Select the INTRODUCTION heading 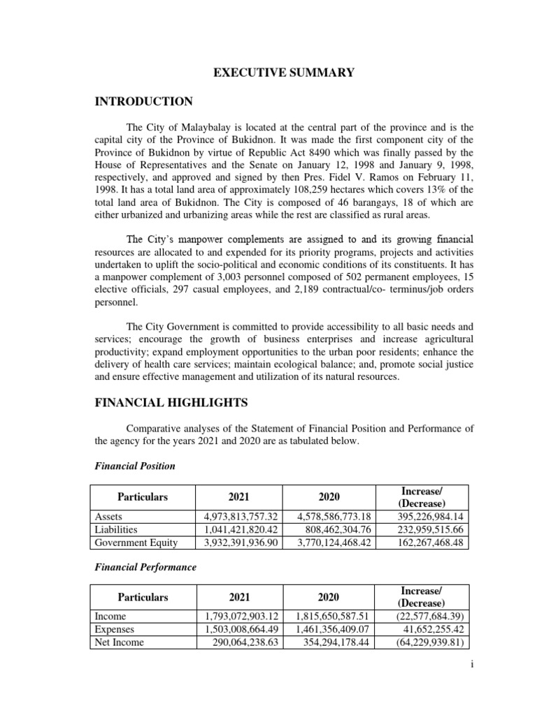point(143,102)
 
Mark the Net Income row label point(120,642)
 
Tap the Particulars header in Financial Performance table point(143,597)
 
